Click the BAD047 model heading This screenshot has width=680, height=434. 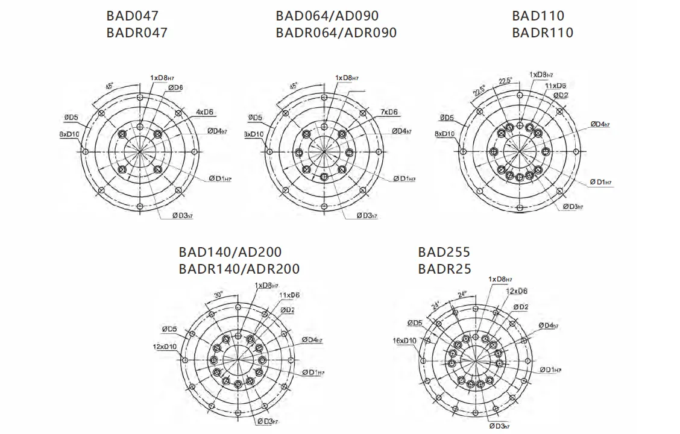[x=133, y=16]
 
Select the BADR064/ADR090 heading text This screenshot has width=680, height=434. [x=336, y=33]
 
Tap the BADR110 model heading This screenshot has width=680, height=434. [x=542, y=33]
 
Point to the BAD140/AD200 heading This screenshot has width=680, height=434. [x=230, y=252]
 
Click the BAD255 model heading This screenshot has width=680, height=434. [x=444, y=252]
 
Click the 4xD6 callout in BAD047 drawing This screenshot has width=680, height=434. [x=205, y=112]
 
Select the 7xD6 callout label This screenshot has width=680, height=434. [x=389, y=112]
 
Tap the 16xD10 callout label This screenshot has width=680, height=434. [x=405, y=341]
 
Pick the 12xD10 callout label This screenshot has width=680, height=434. [x=165, y=347]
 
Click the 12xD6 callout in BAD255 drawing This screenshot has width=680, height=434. [x=516, y=291]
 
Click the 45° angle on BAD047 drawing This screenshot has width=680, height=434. [x=109, y=86]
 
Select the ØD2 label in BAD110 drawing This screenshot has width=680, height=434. [x=560, y=95]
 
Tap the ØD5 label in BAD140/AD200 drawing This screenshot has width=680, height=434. [x=169, y=329]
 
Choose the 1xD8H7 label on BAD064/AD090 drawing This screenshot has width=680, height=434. [x=347, y=78]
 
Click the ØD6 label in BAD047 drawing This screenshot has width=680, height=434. [x=175, y=88]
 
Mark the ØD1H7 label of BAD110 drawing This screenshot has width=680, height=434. [x=601, y=182]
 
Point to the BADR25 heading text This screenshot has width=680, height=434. [x=444, y=269]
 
